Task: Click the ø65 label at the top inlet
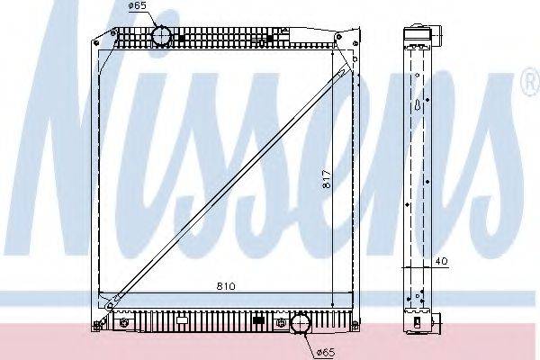pos(138,5)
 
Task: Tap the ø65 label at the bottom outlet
pos(326,352)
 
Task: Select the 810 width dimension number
pos(226,286)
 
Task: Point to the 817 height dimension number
pos(327,179)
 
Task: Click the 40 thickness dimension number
pos(442,262)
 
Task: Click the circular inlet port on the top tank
pos(161,35)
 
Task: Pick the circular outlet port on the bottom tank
pos(301,323)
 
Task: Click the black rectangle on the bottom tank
pos(258,320)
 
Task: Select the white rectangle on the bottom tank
pos(182,320)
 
